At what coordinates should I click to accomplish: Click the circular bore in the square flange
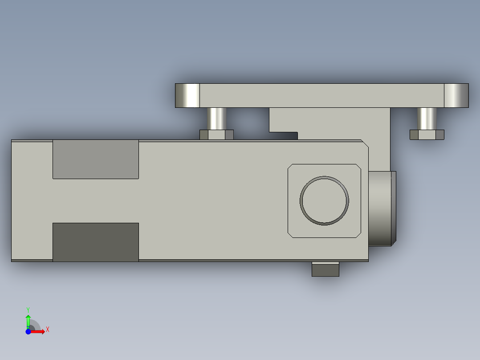point(324,200)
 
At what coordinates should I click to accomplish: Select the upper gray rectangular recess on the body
point(95,159)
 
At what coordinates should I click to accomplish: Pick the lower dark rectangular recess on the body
point(95,241)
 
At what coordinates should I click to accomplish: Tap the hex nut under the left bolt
point(216,135)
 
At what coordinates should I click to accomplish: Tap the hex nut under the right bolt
point(427,135)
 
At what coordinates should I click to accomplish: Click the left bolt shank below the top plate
point(217,119)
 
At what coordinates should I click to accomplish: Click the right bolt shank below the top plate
point(427,119)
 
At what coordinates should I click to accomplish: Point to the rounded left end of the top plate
point(187,95)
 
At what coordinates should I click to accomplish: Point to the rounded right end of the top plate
point(456,95)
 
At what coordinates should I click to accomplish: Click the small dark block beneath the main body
point(325,269)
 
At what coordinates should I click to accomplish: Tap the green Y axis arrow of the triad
point(28,319)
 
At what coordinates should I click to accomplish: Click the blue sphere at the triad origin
point(28,331)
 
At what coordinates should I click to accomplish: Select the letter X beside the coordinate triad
point(47,330)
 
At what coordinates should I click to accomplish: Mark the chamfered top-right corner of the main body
point(365,143)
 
